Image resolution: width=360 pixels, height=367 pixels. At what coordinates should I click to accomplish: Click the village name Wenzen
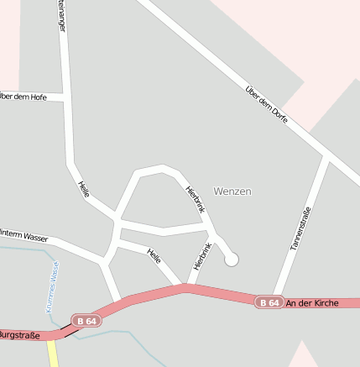point(232,191)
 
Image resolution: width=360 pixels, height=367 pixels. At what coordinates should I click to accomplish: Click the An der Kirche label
point(312,302)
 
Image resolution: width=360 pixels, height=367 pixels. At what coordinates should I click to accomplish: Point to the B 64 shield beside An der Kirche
point(269,302)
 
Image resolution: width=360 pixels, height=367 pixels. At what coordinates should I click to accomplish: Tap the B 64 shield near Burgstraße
point(86,320)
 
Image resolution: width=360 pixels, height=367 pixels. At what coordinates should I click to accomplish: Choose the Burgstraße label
point(18,334)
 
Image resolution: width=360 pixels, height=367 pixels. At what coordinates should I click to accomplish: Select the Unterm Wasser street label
point(23,236)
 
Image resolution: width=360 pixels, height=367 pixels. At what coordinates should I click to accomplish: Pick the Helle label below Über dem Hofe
point(84,189)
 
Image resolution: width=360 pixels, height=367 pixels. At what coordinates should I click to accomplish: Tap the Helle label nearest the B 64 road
point(154,255)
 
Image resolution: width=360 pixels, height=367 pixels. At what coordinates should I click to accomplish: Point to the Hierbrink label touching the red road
point(201,255)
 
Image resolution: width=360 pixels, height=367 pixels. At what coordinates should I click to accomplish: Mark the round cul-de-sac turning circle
point(232,260)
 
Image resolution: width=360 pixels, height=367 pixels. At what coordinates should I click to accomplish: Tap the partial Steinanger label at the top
point(61,15)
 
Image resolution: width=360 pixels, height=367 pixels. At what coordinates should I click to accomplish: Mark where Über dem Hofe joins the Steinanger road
point(65,97)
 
